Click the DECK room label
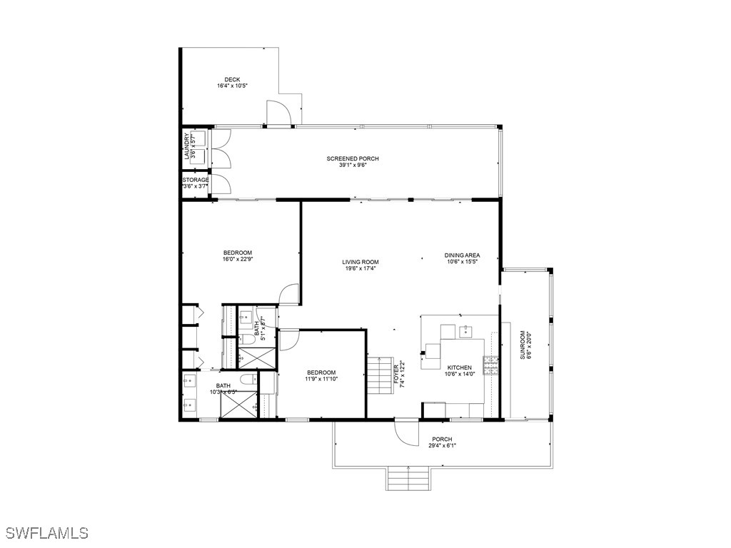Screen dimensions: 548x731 tap(232, 79)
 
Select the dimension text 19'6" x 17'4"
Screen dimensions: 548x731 tap(360, 269)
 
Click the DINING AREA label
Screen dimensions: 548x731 tap(462, 255)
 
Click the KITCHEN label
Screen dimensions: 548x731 tap(459, 367)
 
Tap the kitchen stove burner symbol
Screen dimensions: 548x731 tap(490, 365)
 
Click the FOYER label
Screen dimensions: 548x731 tap(396, 374)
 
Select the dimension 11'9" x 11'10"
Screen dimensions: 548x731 tap(321, 379)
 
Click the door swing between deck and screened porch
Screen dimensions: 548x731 tap(278, 113)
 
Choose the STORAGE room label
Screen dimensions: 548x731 tap(195, 180)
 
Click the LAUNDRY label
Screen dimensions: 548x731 tap(187, 146)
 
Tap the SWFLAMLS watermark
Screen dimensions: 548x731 tap(46, 533)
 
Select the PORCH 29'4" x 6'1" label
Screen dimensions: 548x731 tap(442, 442)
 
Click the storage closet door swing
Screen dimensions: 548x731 tap(221, 183)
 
